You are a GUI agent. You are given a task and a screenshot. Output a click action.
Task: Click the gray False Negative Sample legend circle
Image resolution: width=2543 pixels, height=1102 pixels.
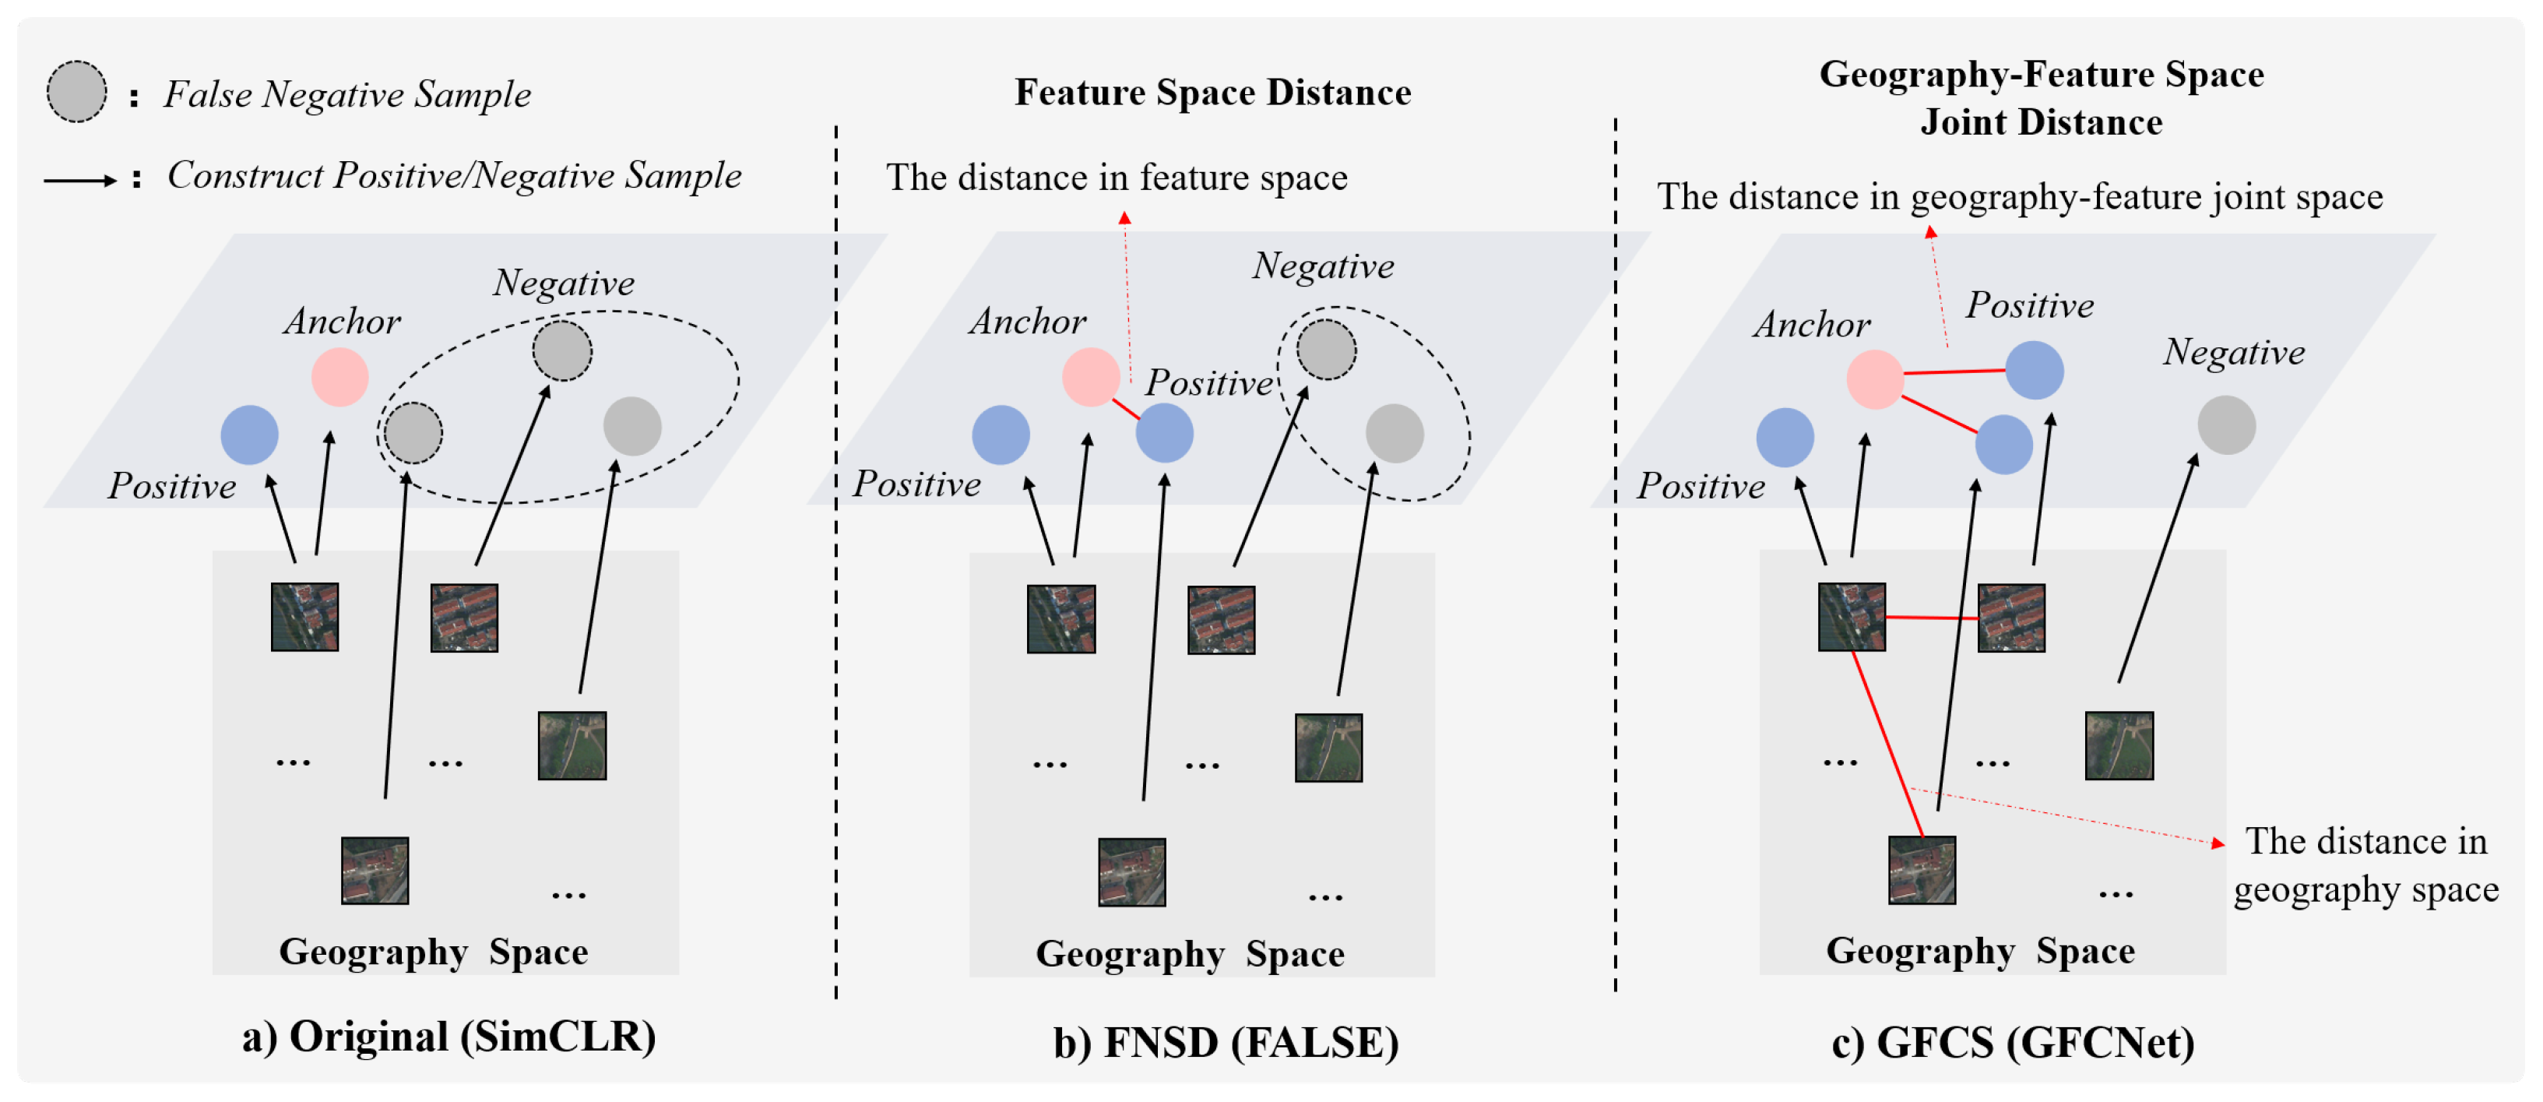pyautogui.click(x=76, y=92)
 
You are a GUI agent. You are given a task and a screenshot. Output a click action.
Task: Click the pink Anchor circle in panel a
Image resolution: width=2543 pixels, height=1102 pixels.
pyautogui.click(x=339, y=377)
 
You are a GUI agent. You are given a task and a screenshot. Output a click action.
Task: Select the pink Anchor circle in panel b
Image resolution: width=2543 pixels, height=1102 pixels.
pyautogui.click(x=1090, y=377)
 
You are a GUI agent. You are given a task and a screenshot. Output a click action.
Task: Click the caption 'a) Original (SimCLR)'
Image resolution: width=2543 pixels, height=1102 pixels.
pyautogui.click(x=449, y=1037)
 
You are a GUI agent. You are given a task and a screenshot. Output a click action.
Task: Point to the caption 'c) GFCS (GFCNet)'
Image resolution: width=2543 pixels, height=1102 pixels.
pyautogui.click(x=2012, y=1043)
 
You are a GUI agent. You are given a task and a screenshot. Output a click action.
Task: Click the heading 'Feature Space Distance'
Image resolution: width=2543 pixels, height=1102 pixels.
pyautogui.click(x=1212, y=93)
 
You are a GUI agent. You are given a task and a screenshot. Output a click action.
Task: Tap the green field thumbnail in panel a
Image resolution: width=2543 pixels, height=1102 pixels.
pyautogui.click(x=572, y=745)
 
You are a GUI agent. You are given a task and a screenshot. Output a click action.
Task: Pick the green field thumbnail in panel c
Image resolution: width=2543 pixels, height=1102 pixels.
pyautogui.click(x=2119, y=745)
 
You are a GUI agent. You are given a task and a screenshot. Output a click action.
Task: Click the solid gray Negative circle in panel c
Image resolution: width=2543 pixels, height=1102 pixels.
pyautogui.click(x=2226, y=425)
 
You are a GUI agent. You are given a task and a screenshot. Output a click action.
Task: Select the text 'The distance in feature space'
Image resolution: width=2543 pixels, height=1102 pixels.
pyautogui.click(x=1117, y=178)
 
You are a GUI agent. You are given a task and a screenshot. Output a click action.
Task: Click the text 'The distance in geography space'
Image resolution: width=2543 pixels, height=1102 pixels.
pyautogui.click(x=2365, y=865)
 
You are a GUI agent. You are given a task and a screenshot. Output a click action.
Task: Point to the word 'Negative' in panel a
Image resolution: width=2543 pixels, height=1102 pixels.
pyautogui.click(x=564, y=283)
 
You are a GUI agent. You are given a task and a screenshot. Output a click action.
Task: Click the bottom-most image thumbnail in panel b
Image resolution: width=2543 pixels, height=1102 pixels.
pyautogui.click(x=1131, y=872)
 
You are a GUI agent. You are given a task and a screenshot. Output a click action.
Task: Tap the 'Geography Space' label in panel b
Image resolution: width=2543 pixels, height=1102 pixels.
pyautogui.click(x=1190, y=954)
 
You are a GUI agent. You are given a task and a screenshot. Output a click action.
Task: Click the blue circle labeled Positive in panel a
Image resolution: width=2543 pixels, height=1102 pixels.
pyautogui.click(x=249, y=435)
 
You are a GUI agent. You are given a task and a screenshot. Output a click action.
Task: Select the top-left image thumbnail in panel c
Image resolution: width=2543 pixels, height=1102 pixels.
pyautogui.click(x=1851, y=617)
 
